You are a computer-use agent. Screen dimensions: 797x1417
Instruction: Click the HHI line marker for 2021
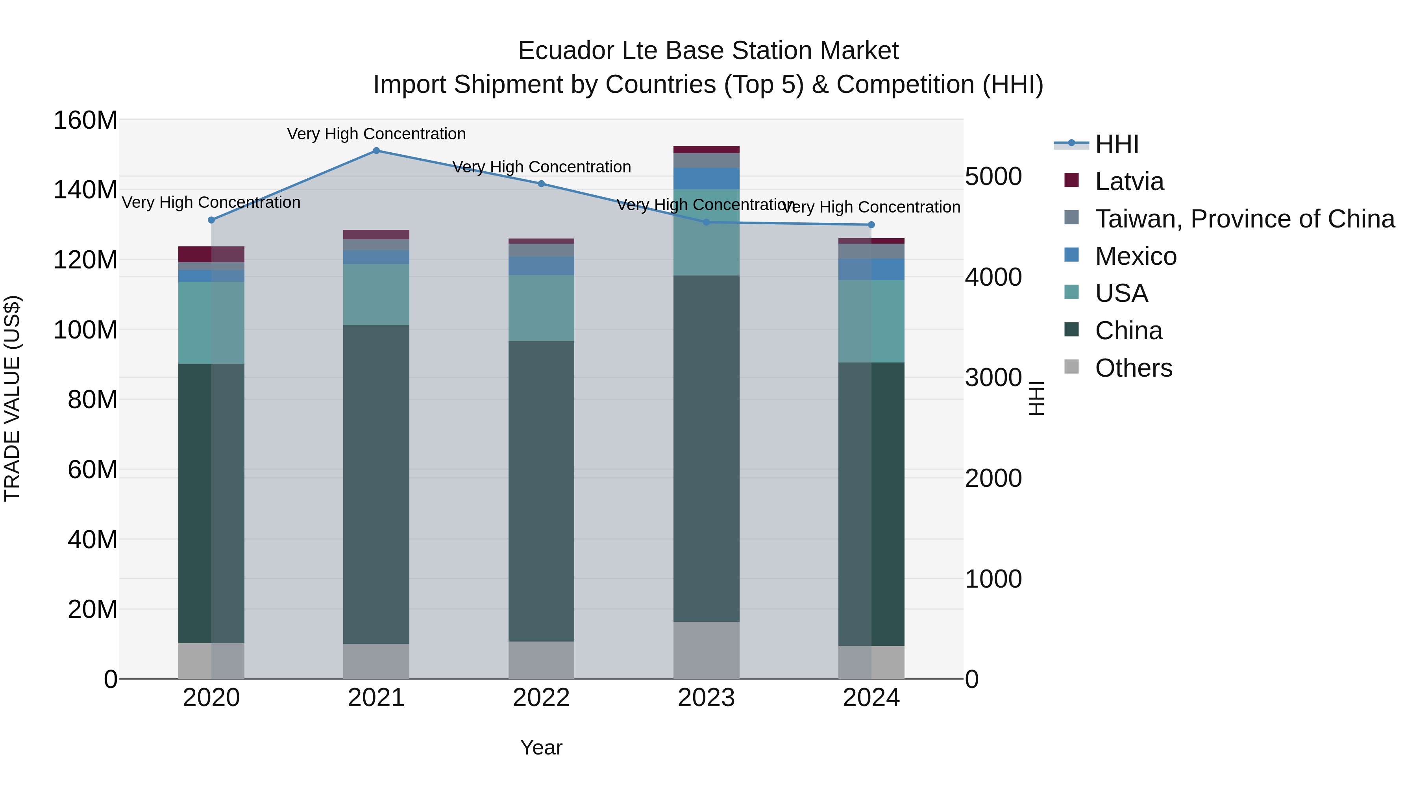click(376, 151)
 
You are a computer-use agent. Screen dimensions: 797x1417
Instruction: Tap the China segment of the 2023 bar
click(706, 448)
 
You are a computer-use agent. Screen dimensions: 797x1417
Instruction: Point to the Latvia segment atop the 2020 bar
click(211, 254)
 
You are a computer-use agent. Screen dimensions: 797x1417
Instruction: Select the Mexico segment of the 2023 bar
click(706, 178)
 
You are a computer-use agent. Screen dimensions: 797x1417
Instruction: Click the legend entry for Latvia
click(1129, 181)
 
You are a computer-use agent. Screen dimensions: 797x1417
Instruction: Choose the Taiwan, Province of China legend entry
click(1244, 219)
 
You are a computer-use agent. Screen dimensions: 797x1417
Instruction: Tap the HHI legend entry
click(1116, 144)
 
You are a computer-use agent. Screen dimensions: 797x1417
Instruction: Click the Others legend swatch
click(1071, 367)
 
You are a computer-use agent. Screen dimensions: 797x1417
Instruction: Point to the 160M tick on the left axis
click(85, 120)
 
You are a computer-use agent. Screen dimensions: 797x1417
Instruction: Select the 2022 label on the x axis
click(541, 698)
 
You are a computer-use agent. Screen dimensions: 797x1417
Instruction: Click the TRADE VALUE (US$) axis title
click(12, 399)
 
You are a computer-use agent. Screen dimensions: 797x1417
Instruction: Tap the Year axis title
click(541, 747)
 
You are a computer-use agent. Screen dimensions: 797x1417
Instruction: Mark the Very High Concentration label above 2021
click(376, 134)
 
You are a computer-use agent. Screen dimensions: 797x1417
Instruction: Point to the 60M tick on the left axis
click(92, 470)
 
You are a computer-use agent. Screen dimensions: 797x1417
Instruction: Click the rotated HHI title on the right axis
click(1036, 399)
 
